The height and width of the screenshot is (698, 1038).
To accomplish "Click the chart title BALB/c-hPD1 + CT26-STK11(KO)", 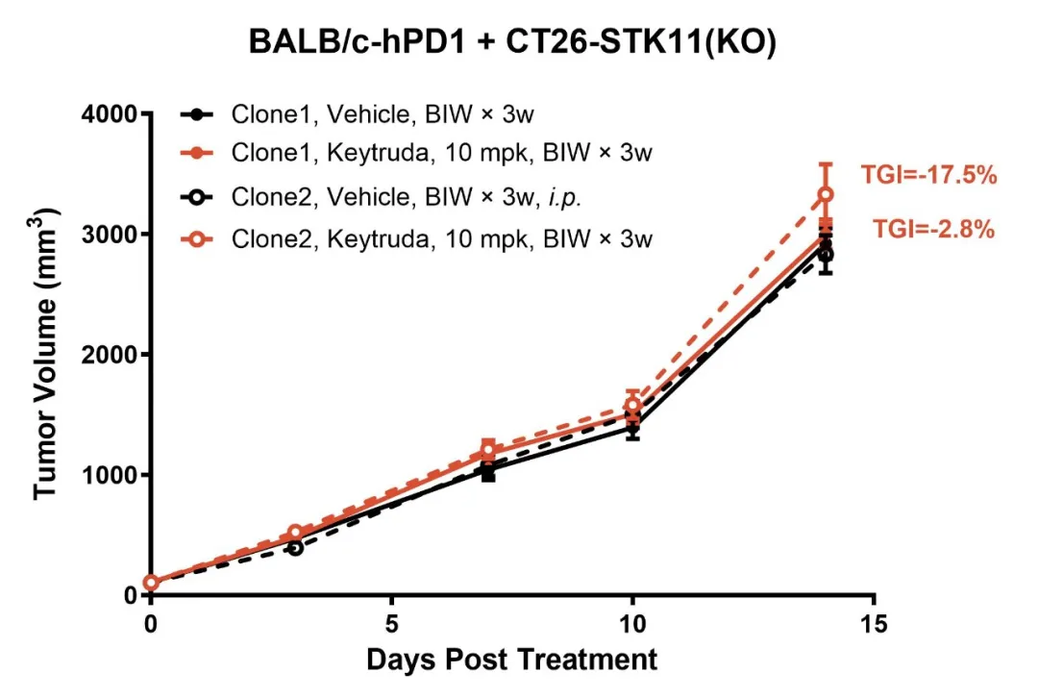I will point(511,43).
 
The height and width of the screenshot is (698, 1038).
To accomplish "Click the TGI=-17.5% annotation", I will point(927,175).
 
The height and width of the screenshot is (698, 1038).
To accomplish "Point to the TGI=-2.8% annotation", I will point(933,230).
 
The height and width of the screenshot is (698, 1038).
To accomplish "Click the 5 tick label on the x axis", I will point(391,623).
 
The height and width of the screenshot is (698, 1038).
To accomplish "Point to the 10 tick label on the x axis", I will point(632,623).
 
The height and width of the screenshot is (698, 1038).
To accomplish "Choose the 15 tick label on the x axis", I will point(873,623).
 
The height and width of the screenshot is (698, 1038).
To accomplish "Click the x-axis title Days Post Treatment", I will point(511,661).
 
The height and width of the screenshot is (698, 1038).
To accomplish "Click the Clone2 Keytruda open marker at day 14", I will point(825,195).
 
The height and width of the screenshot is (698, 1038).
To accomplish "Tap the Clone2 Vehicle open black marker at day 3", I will point(295,547).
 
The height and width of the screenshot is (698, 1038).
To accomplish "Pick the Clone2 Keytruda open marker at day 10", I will point(632,406).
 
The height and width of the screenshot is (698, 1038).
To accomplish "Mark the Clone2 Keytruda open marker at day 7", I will point(488,450).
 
